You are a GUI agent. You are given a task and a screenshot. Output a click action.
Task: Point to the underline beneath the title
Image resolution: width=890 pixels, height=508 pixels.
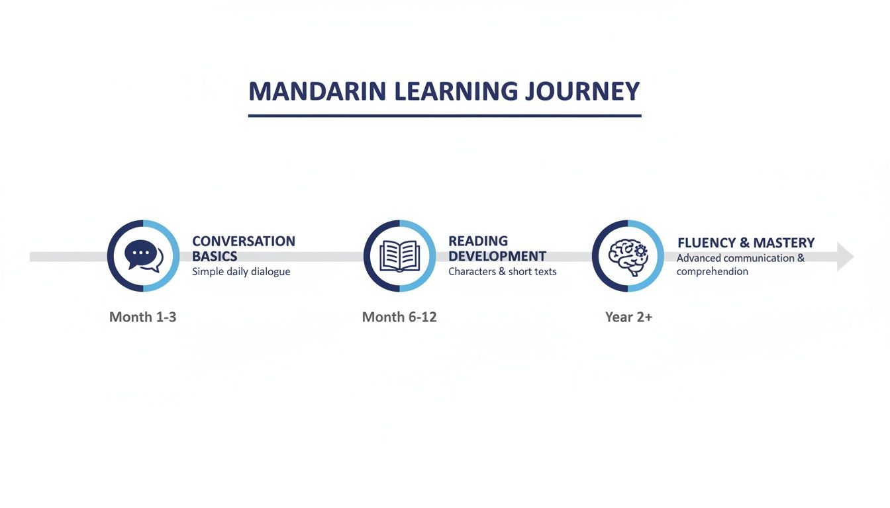(x=444, y=116)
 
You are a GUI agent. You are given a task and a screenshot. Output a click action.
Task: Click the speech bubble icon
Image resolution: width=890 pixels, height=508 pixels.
(x=143, y=256)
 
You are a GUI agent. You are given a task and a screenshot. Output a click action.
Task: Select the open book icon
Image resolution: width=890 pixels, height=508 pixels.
(x=399, y=256)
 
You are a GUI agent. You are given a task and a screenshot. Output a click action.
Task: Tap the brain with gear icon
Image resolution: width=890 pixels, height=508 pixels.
(x=628, y=256)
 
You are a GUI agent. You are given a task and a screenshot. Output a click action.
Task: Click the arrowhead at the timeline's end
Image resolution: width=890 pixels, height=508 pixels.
(x=845, y=256)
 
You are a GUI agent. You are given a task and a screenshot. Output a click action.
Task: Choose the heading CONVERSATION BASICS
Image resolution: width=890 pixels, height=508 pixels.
(x=243, y=249)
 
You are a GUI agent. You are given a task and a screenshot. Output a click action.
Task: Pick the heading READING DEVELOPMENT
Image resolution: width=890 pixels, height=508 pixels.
(x=497, y=249)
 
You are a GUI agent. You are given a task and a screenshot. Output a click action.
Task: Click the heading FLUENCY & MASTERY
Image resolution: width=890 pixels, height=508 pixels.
(x=746, y=243)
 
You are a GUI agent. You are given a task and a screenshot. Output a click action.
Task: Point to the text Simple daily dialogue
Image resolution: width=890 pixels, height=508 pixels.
(x=241, y=272)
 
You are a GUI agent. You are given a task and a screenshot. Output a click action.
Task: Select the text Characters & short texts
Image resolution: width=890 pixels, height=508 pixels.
(x=502, y=272)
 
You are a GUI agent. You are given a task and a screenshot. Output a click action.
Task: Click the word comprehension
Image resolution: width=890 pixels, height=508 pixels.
(x=712, y=272)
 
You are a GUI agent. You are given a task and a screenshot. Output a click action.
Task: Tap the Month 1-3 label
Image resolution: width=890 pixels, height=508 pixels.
(x=142, y=317)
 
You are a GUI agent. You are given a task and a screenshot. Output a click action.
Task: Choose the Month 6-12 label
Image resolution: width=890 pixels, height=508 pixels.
(x=399, y=317)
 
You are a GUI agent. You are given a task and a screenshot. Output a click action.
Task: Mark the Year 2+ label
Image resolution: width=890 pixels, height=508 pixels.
(x=628, y=317)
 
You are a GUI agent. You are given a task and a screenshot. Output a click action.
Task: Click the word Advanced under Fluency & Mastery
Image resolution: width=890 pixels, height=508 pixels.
(x=698, y=258)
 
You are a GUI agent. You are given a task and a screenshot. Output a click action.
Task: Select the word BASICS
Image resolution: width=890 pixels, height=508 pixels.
(x=215, y=257)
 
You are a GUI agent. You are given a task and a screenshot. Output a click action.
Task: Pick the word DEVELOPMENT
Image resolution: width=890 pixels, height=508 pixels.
(x=497, y=257)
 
